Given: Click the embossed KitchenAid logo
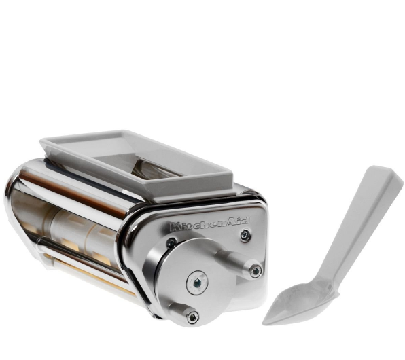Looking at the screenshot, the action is [x=210, y=223].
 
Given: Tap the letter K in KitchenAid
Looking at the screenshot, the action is [x=175, y=228].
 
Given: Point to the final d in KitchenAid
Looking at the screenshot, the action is [x=245, y=220].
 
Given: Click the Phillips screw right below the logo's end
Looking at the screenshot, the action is [x=245, y=235].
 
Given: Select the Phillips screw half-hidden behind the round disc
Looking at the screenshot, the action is [x=171, y=242].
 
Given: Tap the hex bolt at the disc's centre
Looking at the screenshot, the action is [x=197, y=283].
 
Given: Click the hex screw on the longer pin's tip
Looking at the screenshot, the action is [x=256, y=270].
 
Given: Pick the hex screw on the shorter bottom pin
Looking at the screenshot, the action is [x=193, y=317].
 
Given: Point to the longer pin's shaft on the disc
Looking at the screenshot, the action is [x=234, y=259].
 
